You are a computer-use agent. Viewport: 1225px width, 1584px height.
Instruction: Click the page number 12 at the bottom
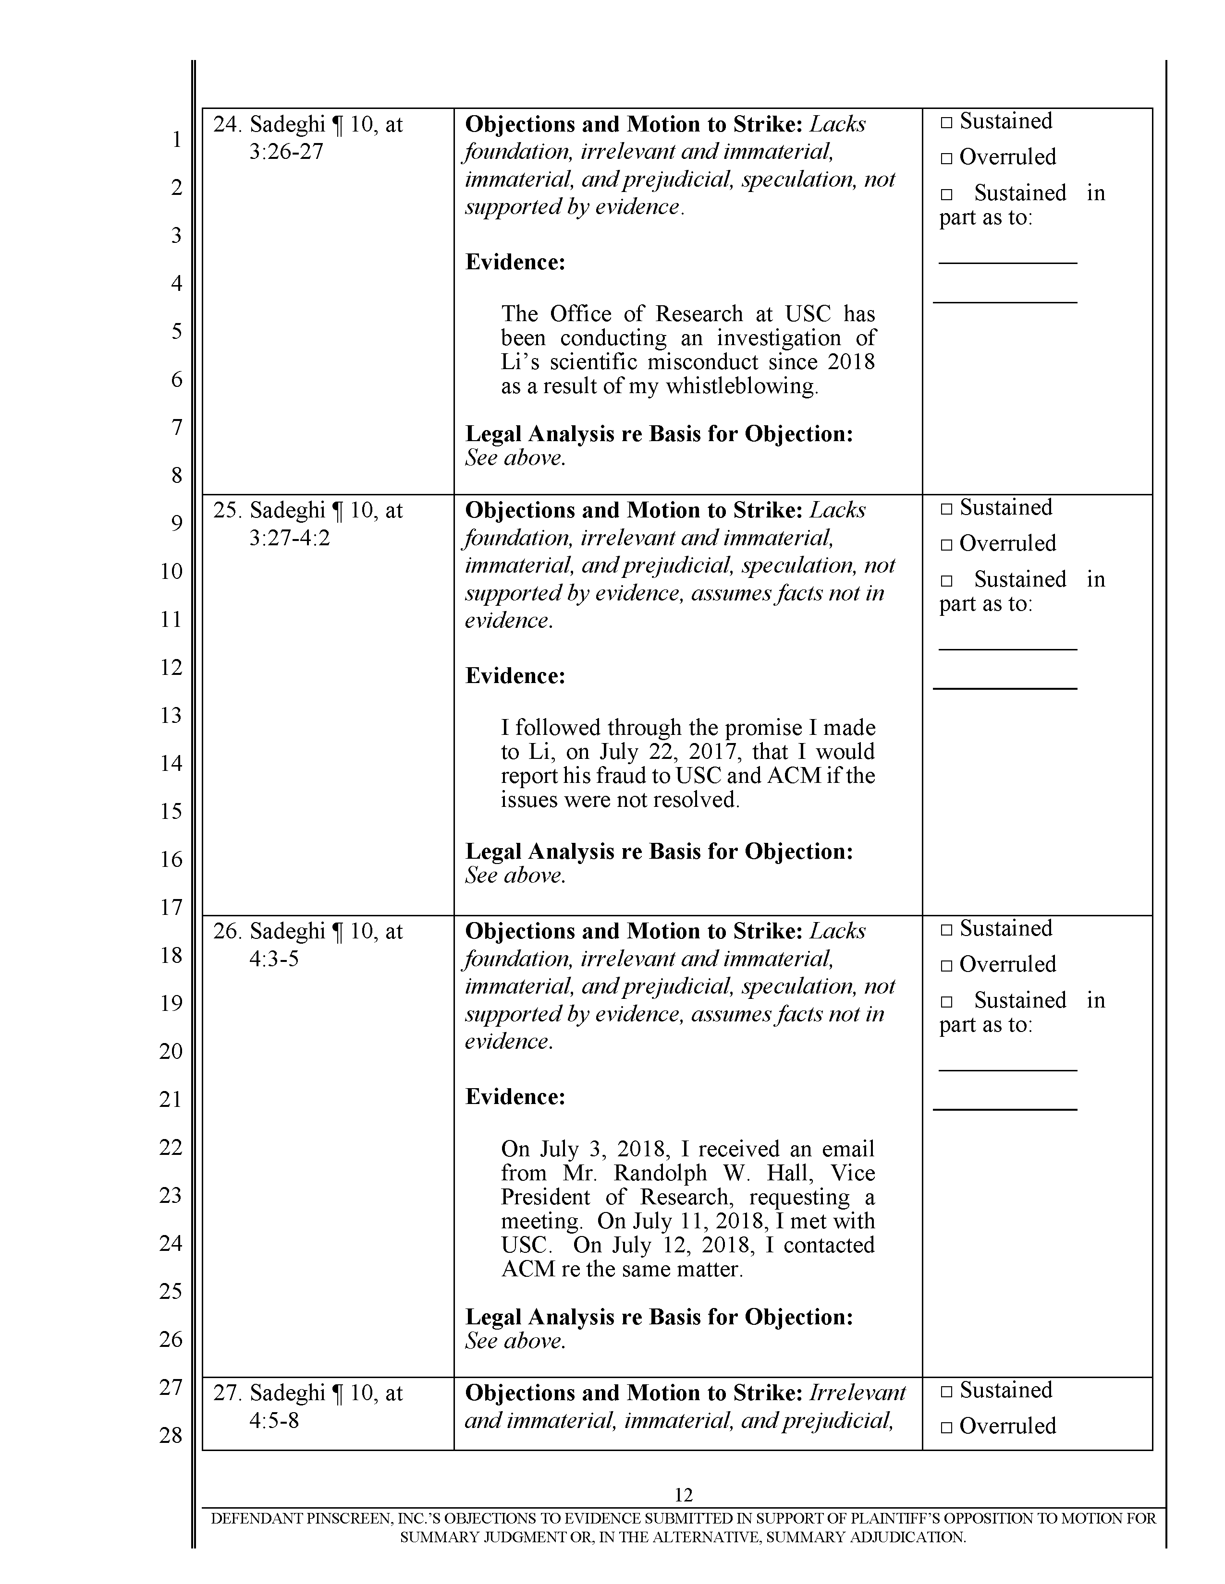pyautogui.click(x=683, y=1494)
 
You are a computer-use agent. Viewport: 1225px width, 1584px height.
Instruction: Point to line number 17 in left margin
pyautogui.click(x=171, y=907)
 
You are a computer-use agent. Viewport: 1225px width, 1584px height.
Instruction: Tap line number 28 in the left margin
pyautogui.click(x=171, y=1435)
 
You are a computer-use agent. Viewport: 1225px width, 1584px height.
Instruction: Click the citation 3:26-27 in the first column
pyautogui.click(x=286, y=152)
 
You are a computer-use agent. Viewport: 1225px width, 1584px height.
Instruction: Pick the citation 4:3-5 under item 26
pyautogui.click(x=274, y=959)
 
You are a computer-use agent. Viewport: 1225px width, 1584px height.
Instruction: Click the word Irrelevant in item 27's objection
pyautogui.click(x=857, y=1392)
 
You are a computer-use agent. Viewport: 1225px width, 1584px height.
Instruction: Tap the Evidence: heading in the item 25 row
pyautogui.click(x=514, y=676)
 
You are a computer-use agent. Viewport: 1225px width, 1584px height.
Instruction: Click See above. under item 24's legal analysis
pyautogui.click(x=514, y=458)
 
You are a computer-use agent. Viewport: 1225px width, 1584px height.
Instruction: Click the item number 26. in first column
pyautogui.click(x=227, y=931)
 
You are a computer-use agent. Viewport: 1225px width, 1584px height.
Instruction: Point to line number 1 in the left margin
pyautogui.click(x=176, y=139)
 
